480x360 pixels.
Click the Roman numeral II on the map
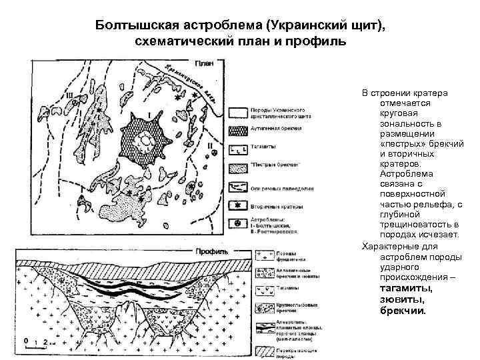(x=211, y=145)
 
